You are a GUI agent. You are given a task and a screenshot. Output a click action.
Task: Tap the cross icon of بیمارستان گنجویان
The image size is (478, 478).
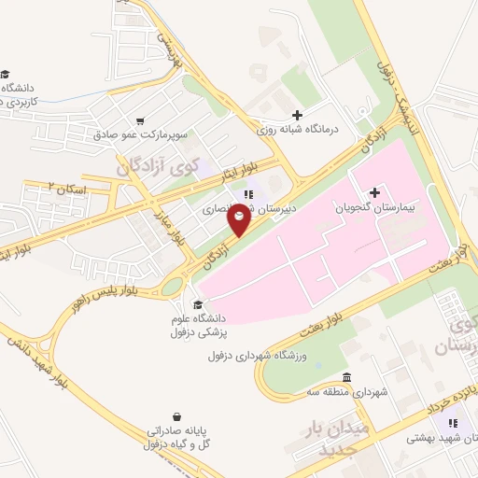(375, 192)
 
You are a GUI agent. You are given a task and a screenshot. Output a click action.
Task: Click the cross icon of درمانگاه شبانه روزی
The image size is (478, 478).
(297, 114)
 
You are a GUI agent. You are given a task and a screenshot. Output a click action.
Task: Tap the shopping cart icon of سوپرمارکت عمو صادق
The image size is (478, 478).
(140, 120)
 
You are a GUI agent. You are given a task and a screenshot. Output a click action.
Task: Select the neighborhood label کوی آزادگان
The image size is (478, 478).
(158, 165)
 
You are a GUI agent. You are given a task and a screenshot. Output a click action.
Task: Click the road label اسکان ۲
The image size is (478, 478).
(68, 189)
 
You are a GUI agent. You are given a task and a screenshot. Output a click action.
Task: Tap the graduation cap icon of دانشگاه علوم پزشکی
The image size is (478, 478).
(196, 303)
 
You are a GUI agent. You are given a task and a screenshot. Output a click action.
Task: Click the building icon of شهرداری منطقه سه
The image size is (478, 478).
(347, 377)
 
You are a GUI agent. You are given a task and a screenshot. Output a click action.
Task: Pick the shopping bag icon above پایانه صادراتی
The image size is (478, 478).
(176, 416)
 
